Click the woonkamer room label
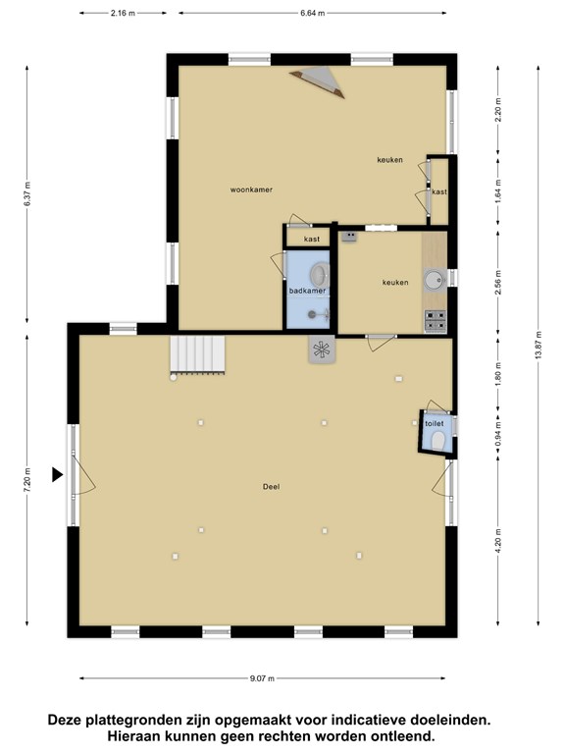251,189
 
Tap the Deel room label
271,487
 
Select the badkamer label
307,291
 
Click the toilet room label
435,424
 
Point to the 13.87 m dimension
539,345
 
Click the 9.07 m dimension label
262,678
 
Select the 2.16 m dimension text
123,13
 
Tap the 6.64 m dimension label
313,13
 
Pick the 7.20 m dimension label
26,479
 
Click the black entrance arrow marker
57,474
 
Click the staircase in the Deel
197,353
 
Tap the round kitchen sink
436,279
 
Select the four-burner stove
436,321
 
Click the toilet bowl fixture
437,441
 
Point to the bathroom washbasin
320,275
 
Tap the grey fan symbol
322,350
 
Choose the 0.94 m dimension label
498,433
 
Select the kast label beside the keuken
439,191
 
